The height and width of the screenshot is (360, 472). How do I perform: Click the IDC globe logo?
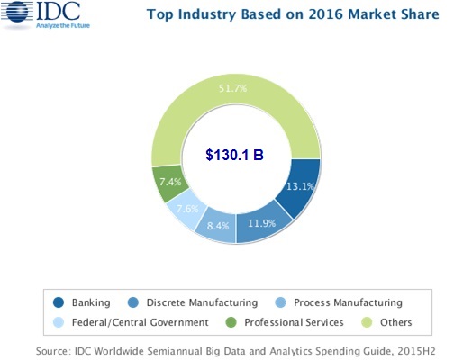point(17,12)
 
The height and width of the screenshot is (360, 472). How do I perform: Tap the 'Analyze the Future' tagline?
point(63,25)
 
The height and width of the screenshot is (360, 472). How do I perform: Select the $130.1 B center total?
point(234,155)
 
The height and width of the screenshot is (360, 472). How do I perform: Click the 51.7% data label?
point(232,88)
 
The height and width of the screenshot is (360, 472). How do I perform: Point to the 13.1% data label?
point(300,186)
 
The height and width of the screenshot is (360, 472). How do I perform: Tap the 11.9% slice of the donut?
point(262,223)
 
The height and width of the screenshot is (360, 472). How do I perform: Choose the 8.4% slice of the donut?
point(217,225)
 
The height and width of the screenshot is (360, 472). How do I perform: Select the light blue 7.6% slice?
point(186,211)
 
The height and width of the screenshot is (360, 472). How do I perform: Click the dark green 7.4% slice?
point(169,183)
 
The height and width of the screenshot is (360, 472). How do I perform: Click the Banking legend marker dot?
point(59,302)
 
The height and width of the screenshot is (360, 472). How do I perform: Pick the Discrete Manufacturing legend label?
point(202,302)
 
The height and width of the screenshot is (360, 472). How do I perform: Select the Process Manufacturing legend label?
point(348,302)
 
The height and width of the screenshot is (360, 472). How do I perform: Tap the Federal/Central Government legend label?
point(140,322)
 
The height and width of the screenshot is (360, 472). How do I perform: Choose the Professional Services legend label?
point(294,322)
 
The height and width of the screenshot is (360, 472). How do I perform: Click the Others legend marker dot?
point(367,322)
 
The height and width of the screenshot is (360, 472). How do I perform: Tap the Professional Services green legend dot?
point(231,322)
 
